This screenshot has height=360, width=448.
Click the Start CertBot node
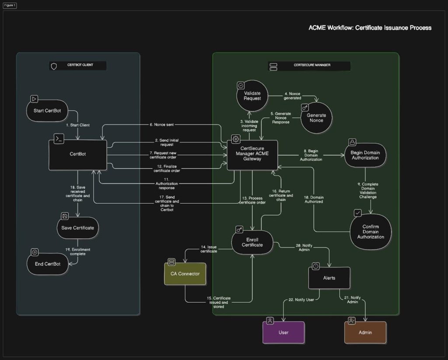coord(47,110)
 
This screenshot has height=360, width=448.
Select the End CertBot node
coord(47,264)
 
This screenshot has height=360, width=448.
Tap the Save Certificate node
coord(78,228)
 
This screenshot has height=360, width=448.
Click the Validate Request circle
coord(252,95)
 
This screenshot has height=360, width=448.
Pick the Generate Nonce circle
coord(316,118)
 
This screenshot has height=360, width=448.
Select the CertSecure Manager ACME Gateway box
coord(252,155)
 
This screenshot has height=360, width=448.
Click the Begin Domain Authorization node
coord(365,155)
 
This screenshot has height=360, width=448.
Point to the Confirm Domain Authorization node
coord(371,232)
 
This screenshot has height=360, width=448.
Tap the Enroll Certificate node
coord(252,242)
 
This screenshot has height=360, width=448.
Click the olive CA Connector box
coord(185,274)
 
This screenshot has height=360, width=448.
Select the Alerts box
coord(329,278)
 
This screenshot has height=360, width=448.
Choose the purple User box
coord(283,332)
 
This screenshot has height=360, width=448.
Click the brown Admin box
coord(365,332)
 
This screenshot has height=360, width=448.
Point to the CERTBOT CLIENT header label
coord(77,66)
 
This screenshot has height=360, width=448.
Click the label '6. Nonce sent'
coord(162,124)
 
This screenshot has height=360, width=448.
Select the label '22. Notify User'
coord(301,300)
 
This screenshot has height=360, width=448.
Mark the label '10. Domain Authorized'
coord(314,199)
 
